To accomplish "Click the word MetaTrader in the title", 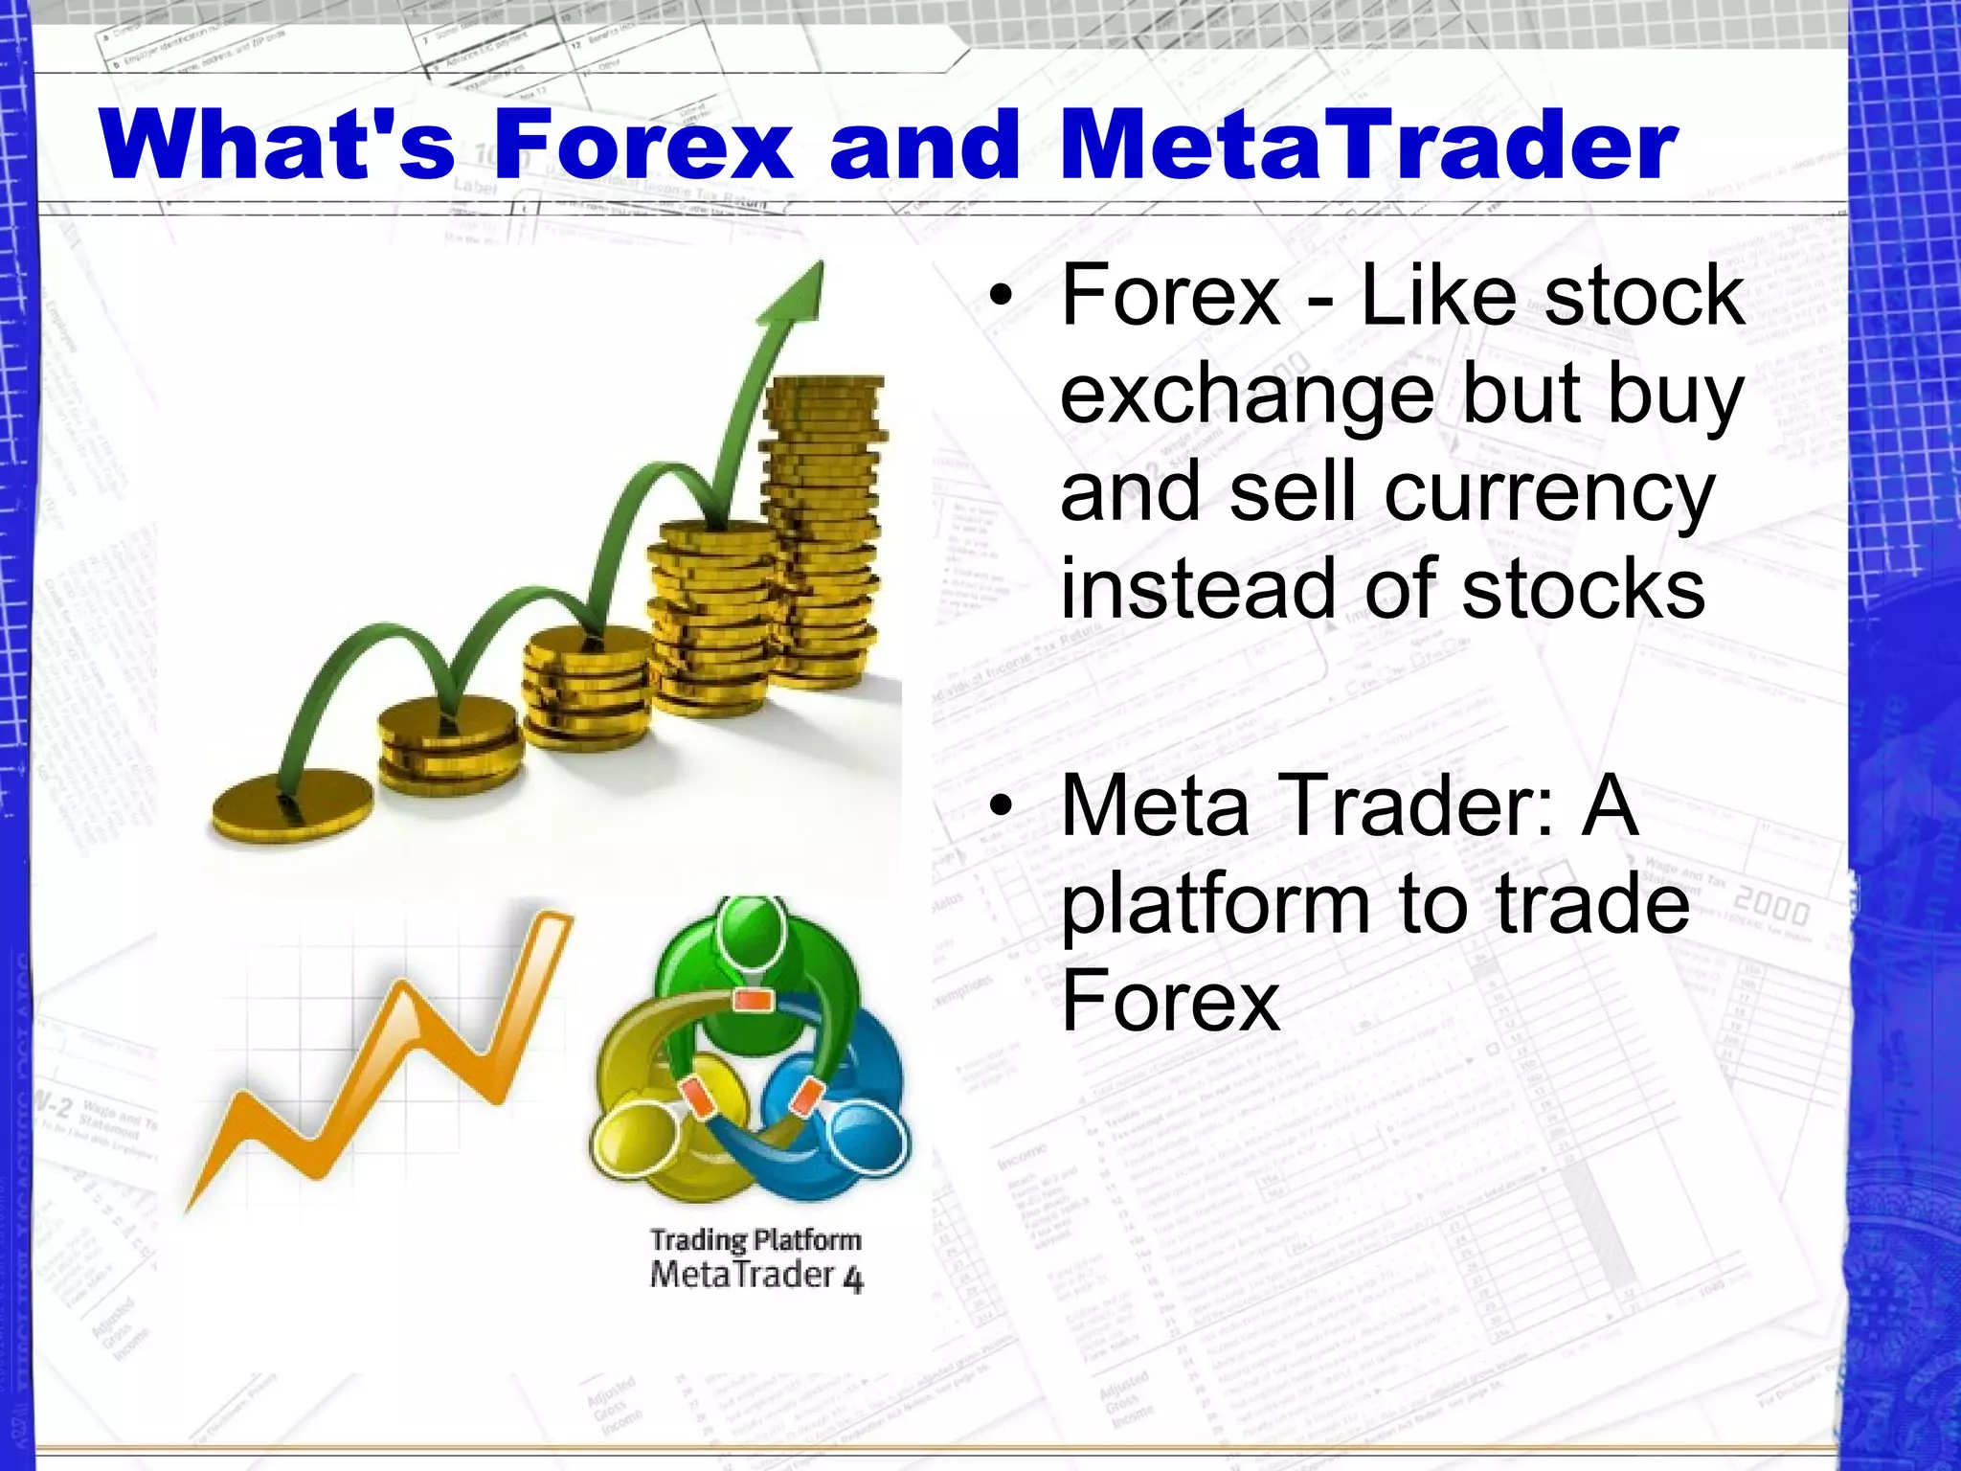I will (1369, 146).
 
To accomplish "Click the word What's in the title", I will (278, 146).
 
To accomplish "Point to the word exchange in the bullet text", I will (1245, 396).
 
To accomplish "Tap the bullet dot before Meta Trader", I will (1001, 806).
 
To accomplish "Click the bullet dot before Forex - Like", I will (1001, 296).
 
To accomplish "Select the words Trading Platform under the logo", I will (755, 1240).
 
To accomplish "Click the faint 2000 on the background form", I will (1771, 904).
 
